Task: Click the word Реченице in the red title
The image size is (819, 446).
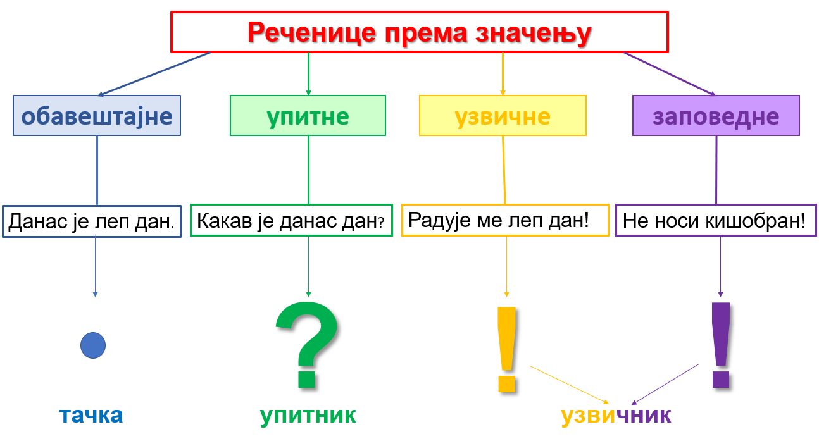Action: click(312, 33)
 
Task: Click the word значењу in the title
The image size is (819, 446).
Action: click(534, 34)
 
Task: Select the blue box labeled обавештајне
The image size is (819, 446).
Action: click(97, 116)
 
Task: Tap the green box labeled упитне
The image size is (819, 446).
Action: click(308, 116)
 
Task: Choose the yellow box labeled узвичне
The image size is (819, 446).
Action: click(503, 116)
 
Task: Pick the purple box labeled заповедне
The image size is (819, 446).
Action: click(716, 116)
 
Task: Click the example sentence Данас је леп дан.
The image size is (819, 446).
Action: click(91, 221)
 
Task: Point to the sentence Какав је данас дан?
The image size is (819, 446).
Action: click(291, 221)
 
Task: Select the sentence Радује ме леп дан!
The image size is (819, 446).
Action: click(498, 220)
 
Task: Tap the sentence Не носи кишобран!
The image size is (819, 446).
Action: click(714, 221)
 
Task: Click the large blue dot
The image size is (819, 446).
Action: click(93, 345)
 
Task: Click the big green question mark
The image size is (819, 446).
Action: click(308, 344)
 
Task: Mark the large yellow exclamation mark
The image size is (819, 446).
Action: click(507, 349)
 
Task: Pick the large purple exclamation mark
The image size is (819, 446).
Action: click(721, 345)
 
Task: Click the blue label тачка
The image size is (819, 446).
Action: click(91, 415)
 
